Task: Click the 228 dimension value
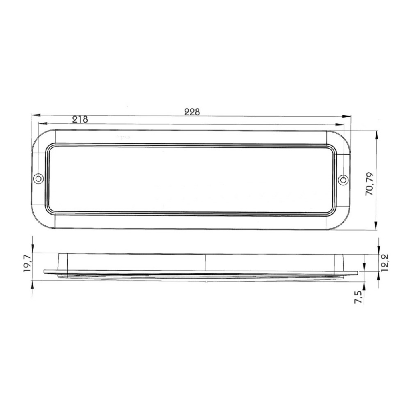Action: (x=192, y=112)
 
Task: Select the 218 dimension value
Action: (x=80, y=119)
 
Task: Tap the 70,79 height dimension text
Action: (x=370, y=184)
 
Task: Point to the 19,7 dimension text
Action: (x=28, y=264)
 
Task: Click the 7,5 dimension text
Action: (x=358, y=297)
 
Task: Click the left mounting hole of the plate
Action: (x=38, y=179)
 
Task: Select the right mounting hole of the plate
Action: (x=343, y=180)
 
